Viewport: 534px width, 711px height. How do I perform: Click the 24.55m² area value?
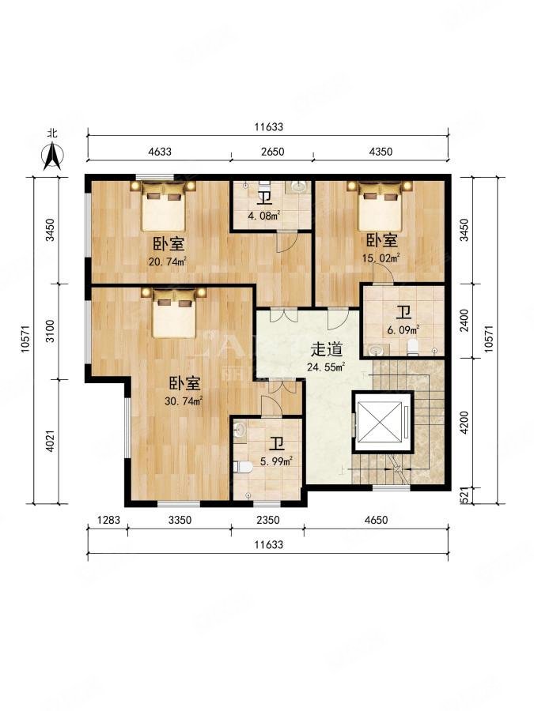point(326,367)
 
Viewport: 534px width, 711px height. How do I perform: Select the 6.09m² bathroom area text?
point(403,329)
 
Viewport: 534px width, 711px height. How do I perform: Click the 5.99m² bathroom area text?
point(277,461)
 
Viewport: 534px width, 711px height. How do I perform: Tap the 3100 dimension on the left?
point(49,331)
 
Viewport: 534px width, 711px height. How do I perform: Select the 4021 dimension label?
point(49,440)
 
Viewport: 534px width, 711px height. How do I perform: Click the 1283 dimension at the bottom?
point(108,520)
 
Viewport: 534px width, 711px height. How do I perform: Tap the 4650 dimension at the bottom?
point(377,520)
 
